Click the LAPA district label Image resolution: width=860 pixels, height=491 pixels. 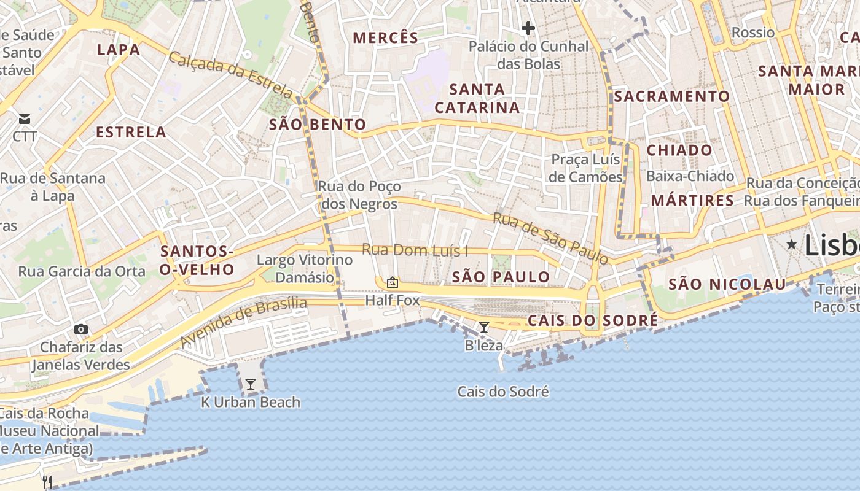point(119,50)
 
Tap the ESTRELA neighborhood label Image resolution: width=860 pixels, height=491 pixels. point(131,132)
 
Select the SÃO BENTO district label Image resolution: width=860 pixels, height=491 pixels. point(318,125)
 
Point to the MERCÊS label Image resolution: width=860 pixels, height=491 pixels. point(386,37)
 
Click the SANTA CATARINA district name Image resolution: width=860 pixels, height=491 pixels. point(477,98)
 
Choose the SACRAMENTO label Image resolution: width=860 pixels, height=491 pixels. point(672,96)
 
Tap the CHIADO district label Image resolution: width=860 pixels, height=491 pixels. point(680,150)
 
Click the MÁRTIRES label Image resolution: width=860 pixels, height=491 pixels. point(692,200)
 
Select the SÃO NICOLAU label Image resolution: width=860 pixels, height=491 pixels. point(727,284)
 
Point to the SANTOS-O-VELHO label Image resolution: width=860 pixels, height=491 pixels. point(197,260)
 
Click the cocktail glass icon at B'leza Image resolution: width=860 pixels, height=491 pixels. point(484,327)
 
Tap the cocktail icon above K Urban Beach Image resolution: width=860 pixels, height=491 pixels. point(251,384)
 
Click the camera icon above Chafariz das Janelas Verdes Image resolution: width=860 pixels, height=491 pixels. point(80,330)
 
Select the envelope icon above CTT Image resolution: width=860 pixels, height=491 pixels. point(25,118)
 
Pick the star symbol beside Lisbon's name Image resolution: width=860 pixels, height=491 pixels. point(792,244)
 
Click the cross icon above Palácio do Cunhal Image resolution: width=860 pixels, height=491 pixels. point(528,28)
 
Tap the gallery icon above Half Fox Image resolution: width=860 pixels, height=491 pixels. point(393,282)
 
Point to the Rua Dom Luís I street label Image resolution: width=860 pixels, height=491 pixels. point(415,250)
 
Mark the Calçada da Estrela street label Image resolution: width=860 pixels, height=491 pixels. point(230,75)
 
